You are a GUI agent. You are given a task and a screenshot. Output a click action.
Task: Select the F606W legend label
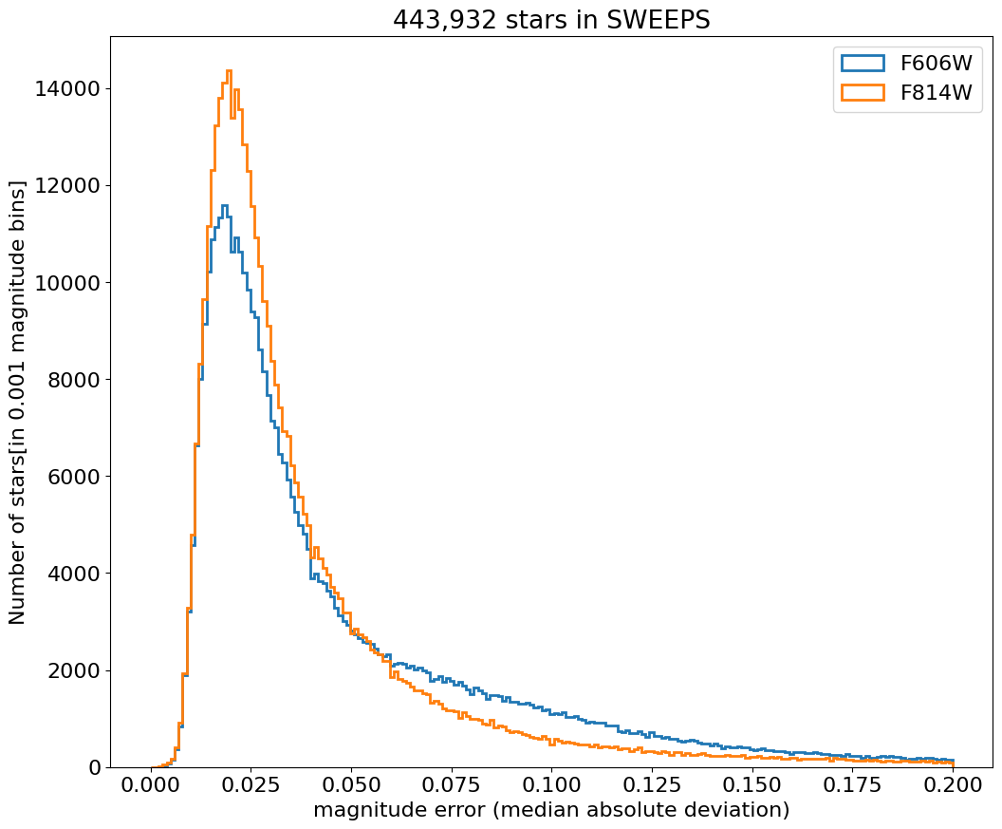click(935, 64)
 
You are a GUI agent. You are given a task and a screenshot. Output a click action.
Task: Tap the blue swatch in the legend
click(863, 64)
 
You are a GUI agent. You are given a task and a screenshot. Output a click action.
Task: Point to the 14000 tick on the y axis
click(66, 89)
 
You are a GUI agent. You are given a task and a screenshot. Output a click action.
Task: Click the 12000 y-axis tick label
click(66, 186)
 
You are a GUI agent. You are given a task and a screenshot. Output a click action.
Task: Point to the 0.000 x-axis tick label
click(151, 786)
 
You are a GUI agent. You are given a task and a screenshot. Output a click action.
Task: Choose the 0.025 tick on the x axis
click(251, 786)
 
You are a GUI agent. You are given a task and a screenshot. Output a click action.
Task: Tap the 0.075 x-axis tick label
click(452, 786)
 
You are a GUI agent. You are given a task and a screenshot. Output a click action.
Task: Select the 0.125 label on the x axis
click(652, 786)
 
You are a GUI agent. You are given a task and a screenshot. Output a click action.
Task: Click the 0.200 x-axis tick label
click(953, 786)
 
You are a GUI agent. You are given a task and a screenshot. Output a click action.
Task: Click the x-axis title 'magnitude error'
click(551, 810)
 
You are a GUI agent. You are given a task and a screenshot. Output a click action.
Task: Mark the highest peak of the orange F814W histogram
click(229, 70)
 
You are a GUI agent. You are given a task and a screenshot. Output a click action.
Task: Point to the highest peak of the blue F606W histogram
click(224, 205)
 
